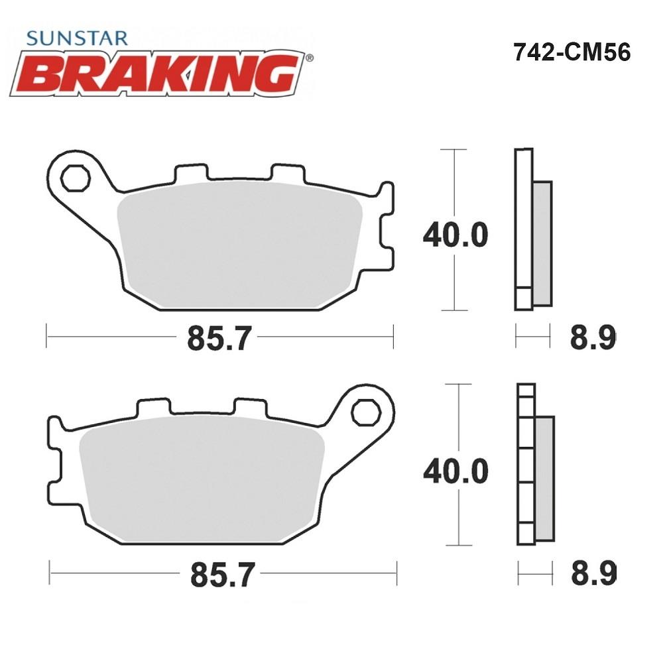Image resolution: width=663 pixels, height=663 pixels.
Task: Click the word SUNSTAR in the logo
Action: [x=77, y=38]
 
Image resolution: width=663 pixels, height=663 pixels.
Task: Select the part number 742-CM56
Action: [x=572, y=52]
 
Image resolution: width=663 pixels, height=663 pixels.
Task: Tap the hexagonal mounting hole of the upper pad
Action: [x=76, y=178]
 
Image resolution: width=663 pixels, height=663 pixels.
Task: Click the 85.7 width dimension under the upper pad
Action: [x=219, y=338]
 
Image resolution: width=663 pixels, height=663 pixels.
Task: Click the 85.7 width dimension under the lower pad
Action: [x=222, y=575]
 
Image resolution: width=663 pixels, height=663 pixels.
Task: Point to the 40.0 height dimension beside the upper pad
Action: [x=456, y=235]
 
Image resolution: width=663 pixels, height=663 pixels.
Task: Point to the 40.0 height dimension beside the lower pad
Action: [x=456, y=471]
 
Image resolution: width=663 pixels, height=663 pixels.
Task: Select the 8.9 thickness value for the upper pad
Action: [x=593, y=337]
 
